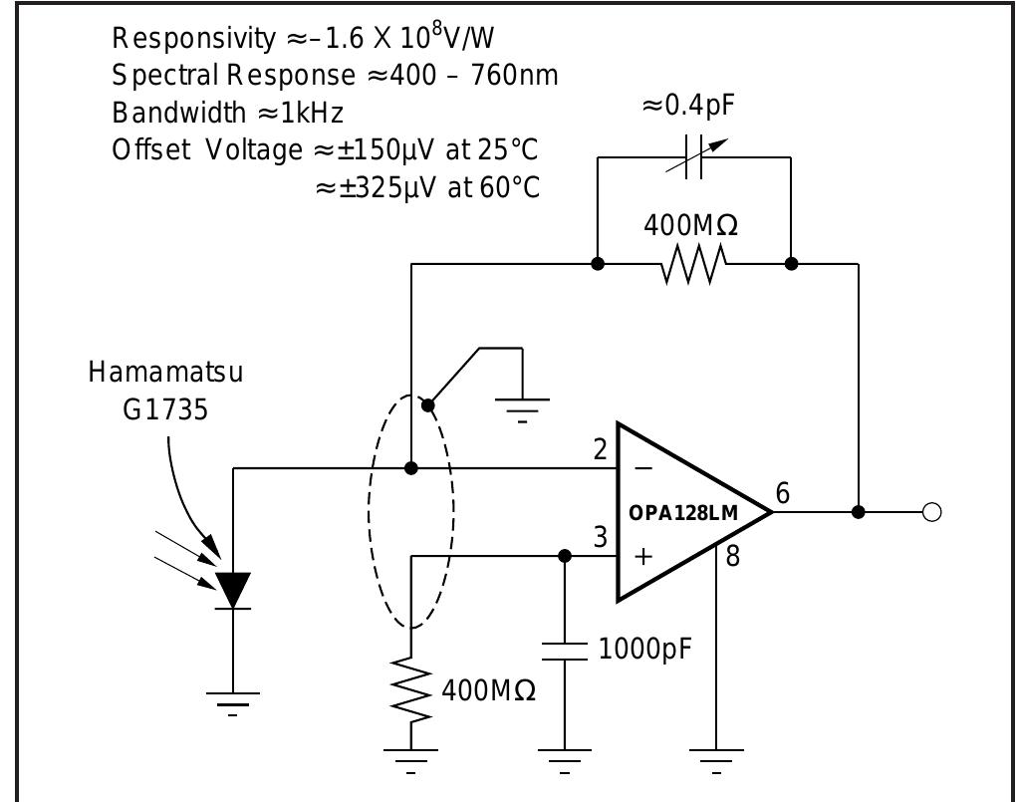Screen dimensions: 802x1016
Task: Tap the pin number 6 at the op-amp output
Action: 783,493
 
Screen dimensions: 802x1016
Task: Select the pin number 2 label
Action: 600,449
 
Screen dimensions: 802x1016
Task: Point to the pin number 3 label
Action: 600,537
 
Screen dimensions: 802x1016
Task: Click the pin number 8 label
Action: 733,556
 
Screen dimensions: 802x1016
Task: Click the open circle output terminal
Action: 932,512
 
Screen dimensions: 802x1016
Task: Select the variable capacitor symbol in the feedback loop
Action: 695,156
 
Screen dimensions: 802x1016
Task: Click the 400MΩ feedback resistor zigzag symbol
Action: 694,265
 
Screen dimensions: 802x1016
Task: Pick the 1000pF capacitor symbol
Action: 565,652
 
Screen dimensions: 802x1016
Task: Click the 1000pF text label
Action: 644,650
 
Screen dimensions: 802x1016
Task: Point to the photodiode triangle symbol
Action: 234,590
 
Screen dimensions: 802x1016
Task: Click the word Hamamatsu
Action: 165,372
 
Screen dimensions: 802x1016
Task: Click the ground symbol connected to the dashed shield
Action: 522,408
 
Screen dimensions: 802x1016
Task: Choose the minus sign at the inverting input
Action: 643,467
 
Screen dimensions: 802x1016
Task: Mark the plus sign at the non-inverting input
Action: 643,556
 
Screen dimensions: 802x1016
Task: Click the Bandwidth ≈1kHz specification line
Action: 228,112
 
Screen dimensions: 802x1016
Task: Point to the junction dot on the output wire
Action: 859,512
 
